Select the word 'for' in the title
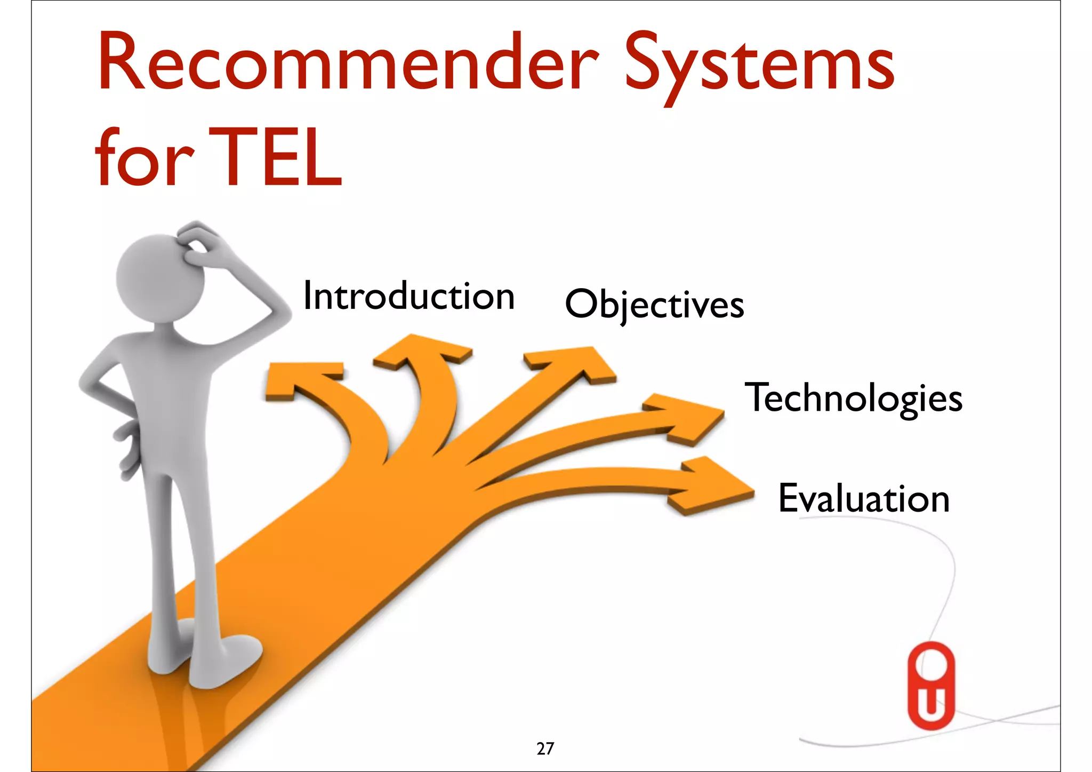point(144,159)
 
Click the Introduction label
point(409,297)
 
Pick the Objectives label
point(654,304)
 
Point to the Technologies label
point(853,398)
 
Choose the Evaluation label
point(864,498)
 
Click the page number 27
point(545,749)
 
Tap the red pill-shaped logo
point(931,686)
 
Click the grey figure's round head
point(157,277)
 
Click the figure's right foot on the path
point(224,662)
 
